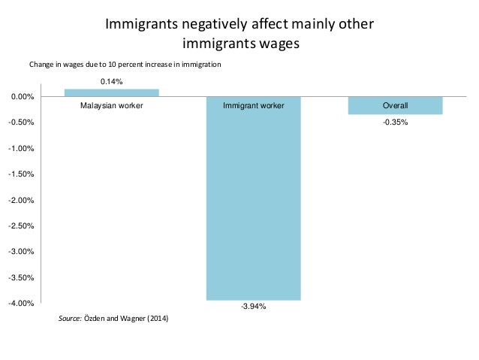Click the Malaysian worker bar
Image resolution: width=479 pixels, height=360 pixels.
click(111, 92)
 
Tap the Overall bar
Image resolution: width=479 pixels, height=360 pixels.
click(395, 106)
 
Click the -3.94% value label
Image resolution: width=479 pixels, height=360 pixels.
click(254, 307)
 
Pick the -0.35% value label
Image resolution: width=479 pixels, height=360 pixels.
click(395, 122)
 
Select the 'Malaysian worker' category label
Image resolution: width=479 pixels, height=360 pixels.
click(111, 106)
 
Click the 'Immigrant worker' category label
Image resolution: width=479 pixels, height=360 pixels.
click(254, 106)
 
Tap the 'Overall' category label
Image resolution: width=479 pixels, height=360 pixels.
click(395, 106)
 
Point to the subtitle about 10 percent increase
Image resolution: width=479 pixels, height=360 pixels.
click(125, 65)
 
